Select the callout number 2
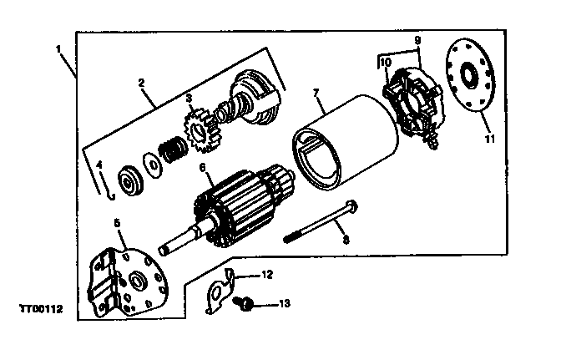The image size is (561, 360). point(142,83)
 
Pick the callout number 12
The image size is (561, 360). point(267,274)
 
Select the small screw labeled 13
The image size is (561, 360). point(245,303)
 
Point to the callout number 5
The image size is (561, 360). point(117,224)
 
